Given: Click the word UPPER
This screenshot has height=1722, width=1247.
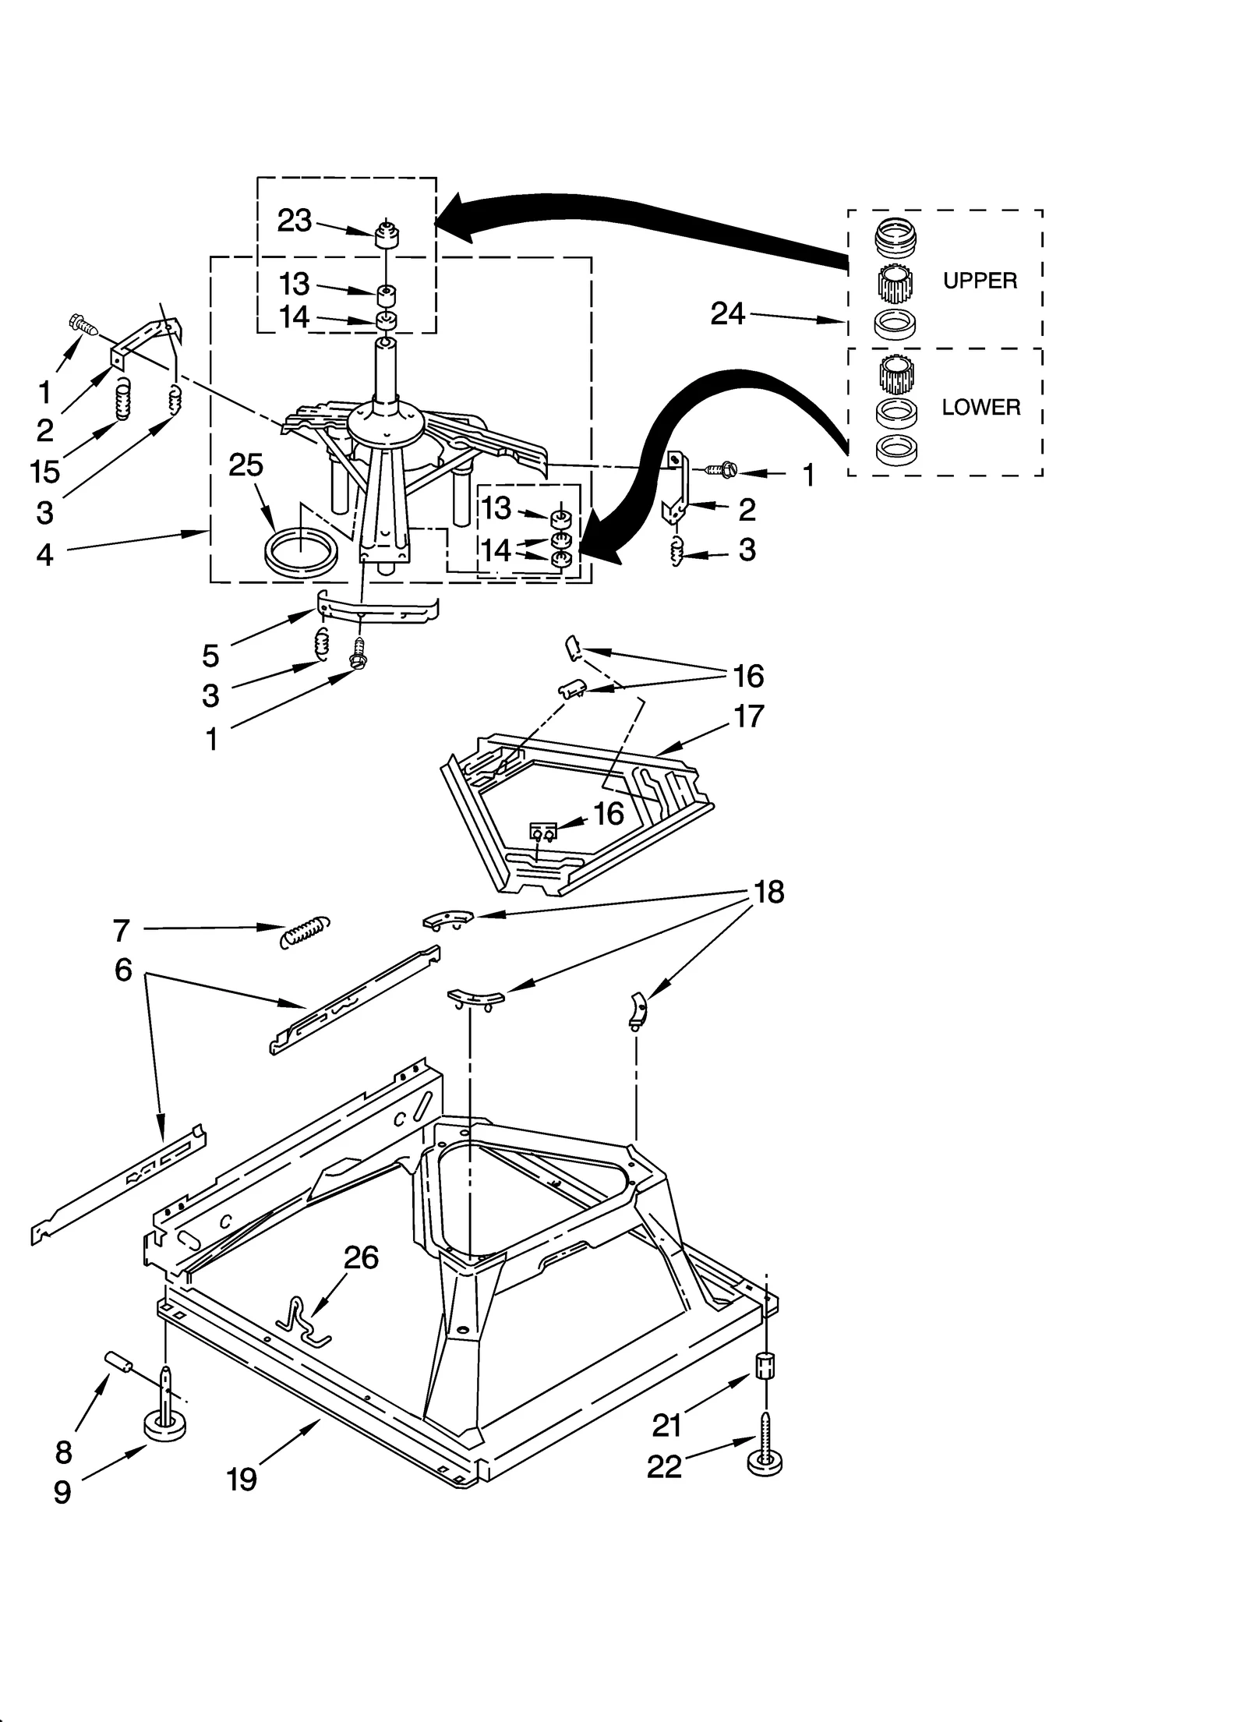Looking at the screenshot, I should pyautogui.click(x=980, y=281).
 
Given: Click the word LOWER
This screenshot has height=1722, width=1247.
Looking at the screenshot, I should pyautogui.click(x=980, y=407).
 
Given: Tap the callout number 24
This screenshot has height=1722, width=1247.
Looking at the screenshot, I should pyautogui.click(x=728, y=313).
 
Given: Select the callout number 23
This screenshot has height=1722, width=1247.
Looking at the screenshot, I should pyautogui.click(x=295, y=221).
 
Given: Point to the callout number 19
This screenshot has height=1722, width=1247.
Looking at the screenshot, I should pyautogui.click(x=242, y=1480).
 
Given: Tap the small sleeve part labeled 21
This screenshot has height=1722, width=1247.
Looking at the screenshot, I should pyautogui.click(x=766, y=1366).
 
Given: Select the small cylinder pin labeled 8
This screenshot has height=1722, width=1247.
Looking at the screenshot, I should pyautogui.click(x=119, y=1362).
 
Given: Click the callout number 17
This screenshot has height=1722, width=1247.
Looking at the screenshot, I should pyautogui.click(x=748, y=716).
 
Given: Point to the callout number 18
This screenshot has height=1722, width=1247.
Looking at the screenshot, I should pyautogui.click(x=769, y=892).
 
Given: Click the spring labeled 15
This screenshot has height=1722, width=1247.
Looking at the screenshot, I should pyautogui.click(x=122, y=399).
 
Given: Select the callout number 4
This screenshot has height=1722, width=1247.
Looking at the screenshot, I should pyautogui.click(x=45, y=554).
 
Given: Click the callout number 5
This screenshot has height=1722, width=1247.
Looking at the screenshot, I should pyautogui.click(x=210, y=656).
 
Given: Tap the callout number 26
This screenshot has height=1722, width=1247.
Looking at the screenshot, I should pyautogui.click(x=362, y=1257).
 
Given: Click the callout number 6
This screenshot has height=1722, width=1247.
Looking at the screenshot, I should pyautogui.click(x=123, y=971).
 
